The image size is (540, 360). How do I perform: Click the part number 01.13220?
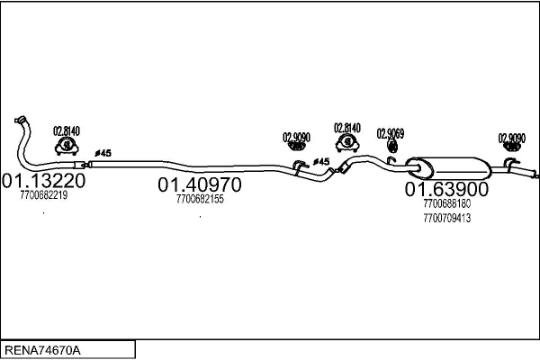(44, 181)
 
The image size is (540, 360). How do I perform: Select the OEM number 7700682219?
(44, 195)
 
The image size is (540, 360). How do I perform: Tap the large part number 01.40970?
(200, 184)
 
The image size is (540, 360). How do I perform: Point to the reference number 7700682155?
(200, 199)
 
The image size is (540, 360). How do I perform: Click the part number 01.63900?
(446, 189)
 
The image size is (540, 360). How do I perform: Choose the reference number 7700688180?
(447, 203)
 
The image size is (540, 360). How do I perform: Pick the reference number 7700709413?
(447, 218)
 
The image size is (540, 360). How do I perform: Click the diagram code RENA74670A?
(42, 350)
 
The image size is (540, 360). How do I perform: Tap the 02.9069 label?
(391, 134)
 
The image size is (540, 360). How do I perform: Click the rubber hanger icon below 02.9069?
(392, 146)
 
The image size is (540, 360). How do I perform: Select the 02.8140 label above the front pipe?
(67, 130)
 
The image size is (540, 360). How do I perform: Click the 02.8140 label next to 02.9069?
(347, 128)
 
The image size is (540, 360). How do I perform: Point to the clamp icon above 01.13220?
(67, 146)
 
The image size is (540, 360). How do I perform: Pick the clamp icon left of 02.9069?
(347, 142)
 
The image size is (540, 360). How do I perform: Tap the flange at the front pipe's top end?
(21, 120)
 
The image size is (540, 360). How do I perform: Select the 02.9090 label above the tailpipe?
(512, 138)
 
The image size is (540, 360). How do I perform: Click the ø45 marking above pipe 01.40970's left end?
(103, 153)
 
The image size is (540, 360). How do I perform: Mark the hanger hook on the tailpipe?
(510, 163)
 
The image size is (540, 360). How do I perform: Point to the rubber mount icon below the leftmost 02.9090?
(296, 147)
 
